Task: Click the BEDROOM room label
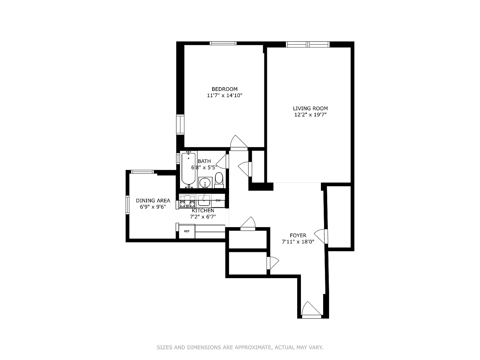(x=224, y=89)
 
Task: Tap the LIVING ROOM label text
(x=310, y=108)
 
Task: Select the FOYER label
(x=298, y=235)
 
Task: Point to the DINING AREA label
(x=153, y=200)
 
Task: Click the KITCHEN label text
(x=203, y=211)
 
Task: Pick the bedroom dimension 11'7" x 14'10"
(x=225, y=96)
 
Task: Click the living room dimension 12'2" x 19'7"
(x=310, y=115)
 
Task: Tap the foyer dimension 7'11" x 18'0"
(x=298, y=242)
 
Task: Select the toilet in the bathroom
(x=219, y=180)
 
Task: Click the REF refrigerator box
(x=187, y=231)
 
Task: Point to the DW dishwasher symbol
(x=218, y=200)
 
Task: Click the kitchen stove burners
(x=187, y=201)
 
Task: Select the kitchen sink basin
(x=204, y=200)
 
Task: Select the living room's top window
(x=307, y=44)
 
